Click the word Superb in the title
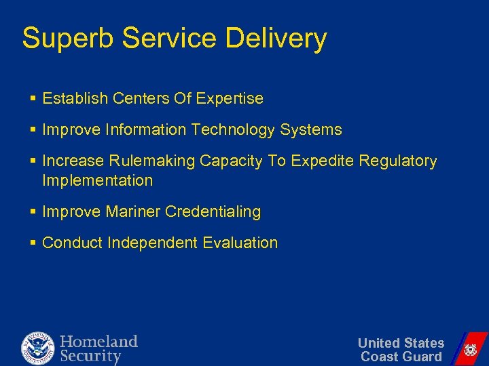click(x=61, y=39)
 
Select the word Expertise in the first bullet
click(x=230, y=99)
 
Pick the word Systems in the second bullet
click(x=314, y=130)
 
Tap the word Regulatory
click(x=398, y=161)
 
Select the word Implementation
click(x=98, y=181)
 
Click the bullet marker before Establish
click(x=33, y=99)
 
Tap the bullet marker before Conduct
click(x=33, y=243)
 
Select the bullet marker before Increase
click(x=33, y=161)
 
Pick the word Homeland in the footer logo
click(x=98, y=342)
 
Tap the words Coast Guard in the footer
click(x=401, y=357)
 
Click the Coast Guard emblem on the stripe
click(x=469, y=350)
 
